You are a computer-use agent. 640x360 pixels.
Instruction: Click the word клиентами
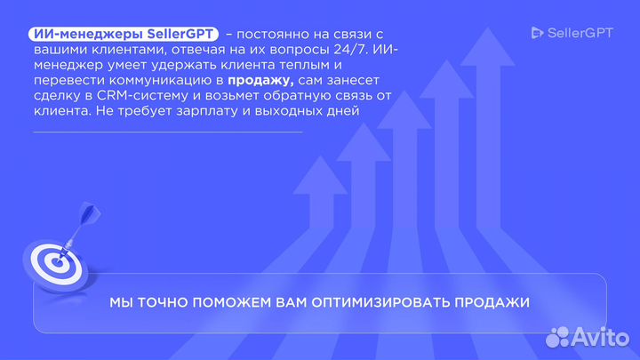[119, 49]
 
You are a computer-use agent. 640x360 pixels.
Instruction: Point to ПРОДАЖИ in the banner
[492, 303]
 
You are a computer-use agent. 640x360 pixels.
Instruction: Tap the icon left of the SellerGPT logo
[537, 33]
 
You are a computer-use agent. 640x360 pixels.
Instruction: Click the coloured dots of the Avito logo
[557, 337]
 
